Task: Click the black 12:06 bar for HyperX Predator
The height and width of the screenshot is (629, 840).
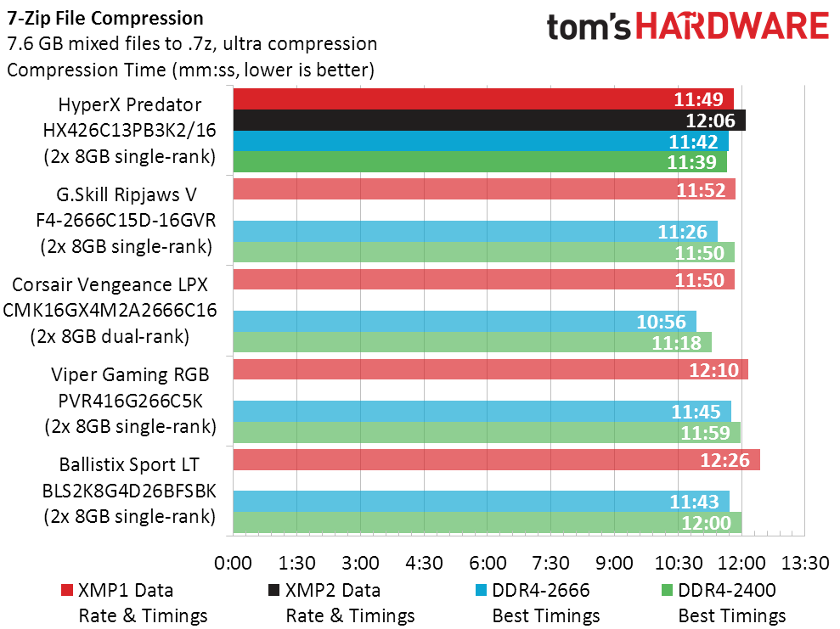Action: [489, 120]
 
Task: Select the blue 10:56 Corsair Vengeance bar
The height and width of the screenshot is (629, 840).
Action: [465, 321]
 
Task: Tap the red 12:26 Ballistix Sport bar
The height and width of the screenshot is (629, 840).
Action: [497, 460]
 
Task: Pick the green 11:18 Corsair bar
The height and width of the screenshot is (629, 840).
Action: [472, 342]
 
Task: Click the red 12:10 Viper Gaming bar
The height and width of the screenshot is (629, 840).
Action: [491, 369]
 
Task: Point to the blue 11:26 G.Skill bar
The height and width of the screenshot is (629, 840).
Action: [475, 231]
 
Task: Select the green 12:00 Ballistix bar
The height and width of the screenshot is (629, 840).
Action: [488, 523]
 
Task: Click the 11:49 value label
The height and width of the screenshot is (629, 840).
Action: [698, 99]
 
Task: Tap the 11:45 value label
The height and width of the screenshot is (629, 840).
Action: [696, 412]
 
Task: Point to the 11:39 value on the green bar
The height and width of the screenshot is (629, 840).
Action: [691, 162]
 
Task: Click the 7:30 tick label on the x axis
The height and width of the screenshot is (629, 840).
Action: [550, 563]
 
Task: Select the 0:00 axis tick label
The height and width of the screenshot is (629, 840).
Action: [233, 563]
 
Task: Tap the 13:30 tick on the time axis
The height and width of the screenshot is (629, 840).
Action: [805, 563]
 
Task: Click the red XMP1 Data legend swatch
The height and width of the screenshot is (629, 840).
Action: [67, 590]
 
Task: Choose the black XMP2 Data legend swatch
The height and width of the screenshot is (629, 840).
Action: [273, 590]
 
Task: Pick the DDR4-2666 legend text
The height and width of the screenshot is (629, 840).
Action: [540, 590]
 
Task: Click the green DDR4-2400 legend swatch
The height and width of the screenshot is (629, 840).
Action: [667, 590]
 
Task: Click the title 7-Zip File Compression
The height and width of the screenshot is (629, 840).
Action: [105, 18]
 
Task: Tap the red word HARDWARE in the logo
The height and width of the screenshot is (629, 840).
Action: [732, 25]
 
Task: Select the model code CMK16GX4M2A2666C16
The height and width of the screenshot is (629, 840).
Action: [110, 311]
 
